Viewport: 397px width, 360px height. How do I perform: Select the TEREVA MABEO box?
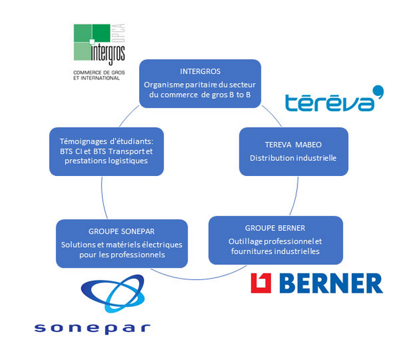(x=293, y=152)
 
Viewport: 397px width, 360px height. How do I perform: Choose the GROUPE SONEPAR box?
(x=122, y=243)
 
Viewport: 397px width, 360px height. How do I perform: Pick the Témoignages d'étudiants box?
(x=107, y=150)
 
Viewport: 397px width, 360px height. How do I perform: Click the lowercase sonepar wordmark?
(x=93, y=328)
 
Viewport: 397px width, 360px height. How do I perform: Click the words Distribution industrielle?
(x=293, y=158)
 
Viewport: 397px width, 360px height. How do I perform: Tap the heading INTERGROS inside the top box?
(x=200, y=71)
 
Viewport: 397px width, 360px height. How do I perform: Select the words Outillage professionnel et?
(x=275, y=241)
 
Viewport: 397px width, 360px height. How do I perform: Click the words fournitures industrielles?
(x=275, y=251)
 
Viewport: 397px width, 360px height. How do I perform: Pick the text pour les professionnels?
(x=122, y=254)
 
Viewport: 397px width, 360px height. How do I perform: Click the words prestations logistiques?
(x=107, y=160)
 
